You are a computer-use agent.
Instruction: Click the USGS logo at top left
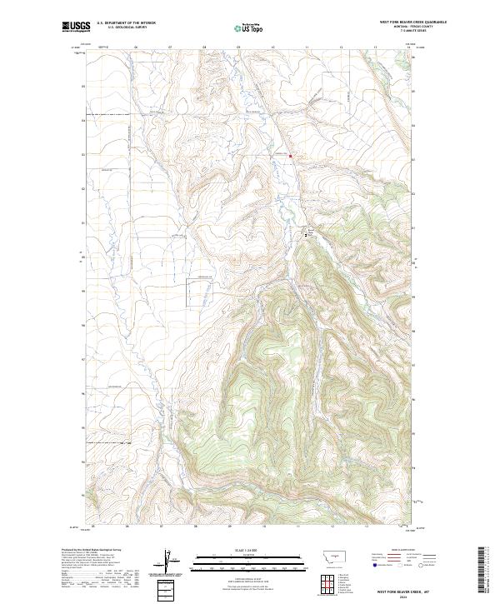[x=75, y=27]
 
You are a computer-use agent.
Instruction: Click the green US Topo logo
[x=250, y=27]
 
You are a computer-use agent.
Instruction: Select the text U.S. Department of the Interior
[x=126, y=23]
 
